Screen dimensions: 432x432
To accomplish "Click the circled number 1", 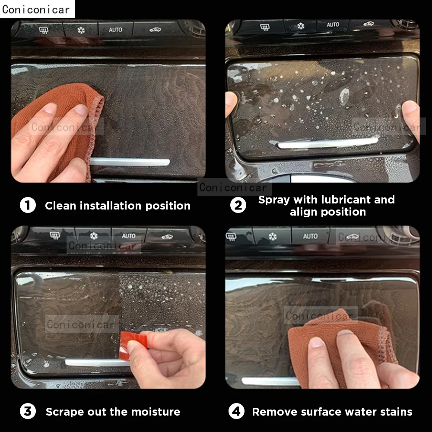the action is [28, 205].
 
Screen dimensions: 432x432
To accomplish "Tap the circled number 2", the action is [238, 205].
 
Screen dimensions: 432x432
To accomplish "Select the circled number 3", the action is [28, 411].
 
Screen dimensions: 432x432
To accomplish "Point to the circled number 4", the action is [236, 411].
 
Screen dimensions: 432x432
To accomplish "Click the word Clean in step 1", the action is [60, 206].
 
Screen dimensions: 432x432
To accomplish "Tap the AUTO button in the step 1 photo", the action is [115, 30].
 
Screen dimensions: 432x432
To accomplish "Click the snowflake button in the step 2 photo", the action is [301, 26].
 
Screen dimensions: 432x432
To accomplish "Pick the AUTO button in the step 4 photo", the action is [310, 236].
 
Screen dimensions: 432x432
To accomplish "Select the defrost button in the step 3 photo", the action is [54, 235].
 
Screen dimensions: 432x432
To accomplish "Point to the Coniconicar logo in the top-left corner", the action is [36, 9].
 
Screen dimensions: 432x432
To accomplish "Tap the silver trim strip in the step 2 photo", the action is [328, 143].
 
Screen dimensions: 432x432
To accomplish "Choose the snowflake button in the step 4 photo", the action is [273, 237].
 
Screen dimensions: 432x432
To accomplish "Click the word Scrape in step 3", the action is [64, 412].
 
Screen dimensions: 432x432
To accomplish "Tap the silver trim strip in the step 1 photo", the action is [130, 162].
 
